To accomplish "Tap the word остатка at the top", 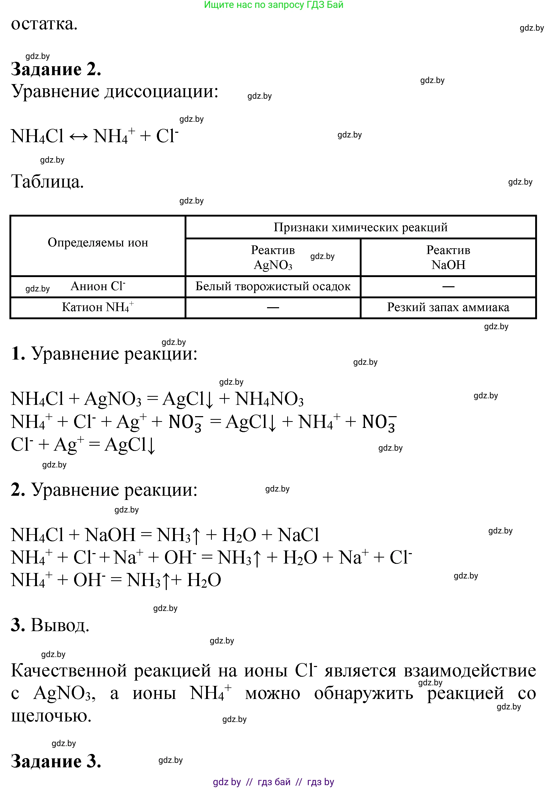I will coord(44,24).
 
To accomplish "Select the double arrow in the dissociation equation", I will coord(79,137).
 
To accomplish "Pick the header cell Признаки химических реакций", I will coord(360,227).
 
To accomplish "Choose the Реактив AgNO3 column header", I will coord(273,257).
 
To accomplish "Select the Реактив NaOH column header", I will coord(448,257).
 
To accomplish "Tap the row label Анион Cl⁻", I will coord(98,286).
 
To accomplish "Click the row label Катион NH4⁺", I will coord(98,307).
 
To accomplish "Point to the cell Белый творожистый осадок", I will coord(273,286).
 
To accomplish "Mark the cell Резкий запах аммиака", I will coord(448,307).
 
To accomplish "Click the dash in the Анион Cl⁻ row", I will coord(448,286).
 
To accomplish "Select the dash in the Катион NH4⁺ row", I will coord(273,307).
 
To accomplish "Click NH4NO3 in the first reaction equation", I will coord(269,399).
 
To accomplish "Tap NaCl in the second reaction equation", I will coord(298,535).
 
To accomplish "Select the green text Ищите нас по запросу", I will coord(254,5).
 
